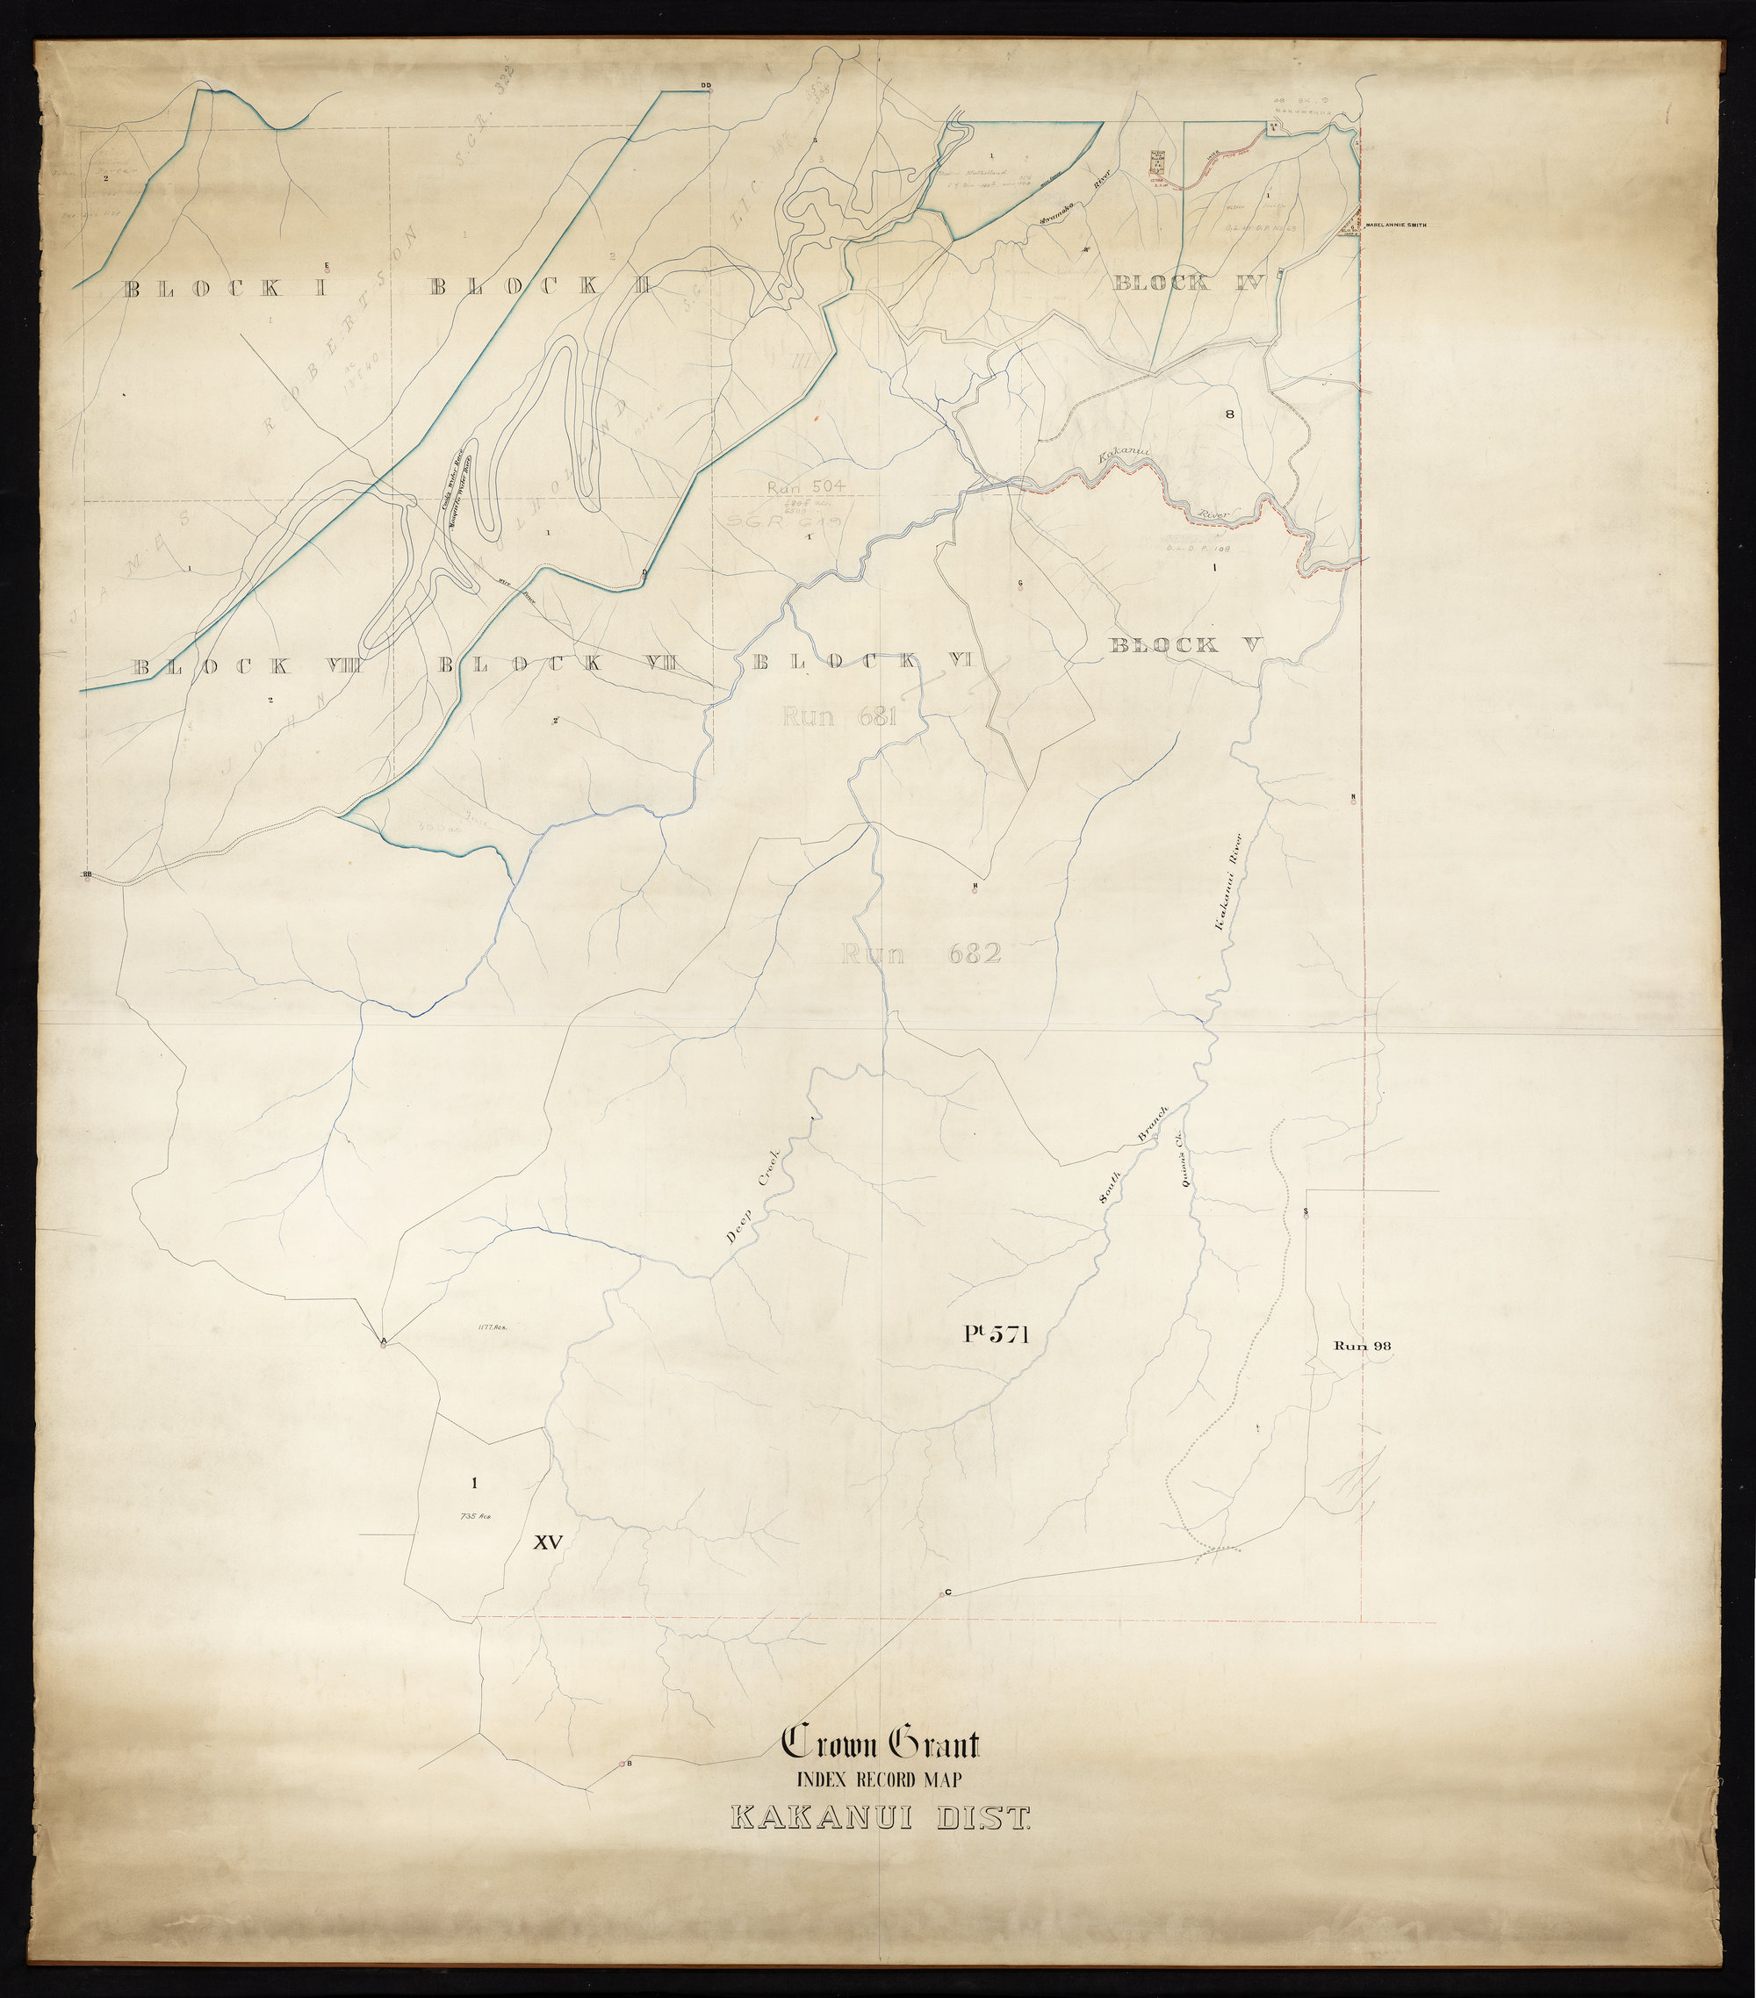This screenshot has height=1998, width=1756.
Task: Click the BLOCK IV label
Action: click(1189, 284)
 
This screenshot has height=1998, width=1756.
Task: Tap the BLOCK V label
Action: click(1186, 645)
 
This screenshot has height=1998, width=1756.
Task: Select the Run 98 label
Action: click(1362, 1346)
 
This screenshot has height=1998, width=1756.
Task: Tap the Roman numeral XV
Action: click(548, 1542)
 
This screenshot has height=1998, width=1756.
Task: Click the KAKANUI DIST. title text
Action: click(881, 1819)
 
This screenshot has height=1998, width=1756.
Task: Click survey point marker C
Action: click(941, 1594)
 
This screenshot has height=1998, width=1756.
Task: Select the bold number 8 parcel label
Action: click(1230, 414)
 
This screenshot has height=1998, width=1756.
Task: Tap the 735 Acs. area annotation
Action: click(473, 1516)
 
